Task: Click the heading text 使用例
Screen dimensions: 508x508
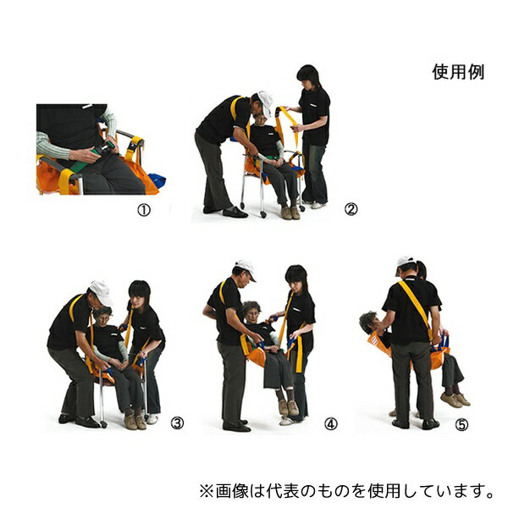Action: [458, 72]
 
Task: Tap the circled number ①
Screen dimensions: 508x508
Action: [144, 211]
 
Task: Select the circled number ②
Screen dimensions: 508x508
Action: [351, 209]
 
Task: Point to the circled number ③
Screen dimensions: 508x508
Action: [177, 422]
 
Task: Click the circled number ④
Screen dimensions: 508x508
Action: [331, 424]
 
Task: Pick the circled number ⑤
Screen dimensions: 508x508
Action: [461, 425]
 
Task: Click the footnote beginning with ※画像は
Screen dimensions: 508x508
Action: [347, 491]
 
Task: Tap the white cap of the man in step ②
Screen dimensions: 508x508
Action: [266, 102]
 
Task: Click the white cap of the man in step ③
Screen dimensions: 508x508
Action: [102, 292]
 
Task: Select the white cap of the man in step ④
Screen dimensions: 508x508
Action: [246, 268]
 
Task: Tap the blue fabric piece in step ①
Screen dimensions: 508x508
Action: [157, 180]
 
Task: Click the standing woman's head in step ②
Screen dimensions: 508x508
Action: [308, 77]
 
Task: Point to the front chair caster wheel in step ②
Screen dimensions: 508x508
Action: [263, 214]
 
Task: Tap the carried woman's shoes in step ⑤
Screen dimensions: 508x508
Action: [455, 400]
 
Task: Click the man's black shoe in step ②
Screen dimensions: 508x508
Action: [235, 213]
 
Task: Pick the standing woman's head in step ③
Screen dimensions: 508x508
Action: [140, 294]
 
